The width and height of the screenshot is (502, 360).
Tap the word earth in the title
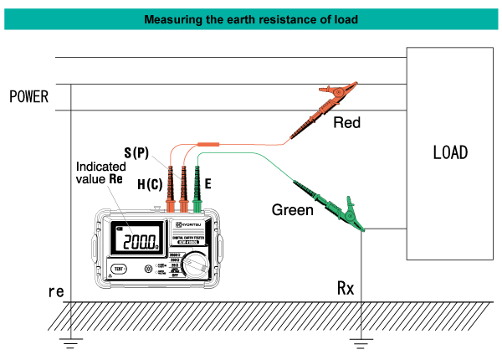[244, 19]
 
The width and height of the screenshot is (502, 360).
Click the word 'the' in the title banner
[216, 19]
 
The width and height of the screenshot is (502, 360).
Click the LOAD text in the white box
[449, 153]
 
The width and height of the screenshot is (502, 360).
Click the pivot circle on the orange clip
[339, 92]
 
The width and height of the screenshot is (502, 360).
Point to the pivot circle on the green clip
[349, 214]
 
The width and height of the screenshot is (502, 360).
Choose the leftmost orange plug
[171, 204]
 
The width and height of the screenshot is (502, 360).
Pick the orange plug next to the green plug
[183, 204]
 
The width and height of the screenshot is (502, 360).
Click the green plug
[197, 204]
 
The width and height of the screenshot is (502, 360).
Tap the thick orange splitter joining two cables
[208, 144]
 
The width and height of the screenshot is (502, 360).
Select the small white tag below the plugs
[196, 265]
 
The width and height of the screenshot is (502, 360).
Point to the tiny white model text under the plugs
[188, 242]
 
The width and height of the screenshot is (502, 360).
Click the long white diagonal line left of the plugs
[120, 209]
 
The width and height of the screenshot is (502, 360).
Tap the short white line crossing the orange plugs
[166, 167]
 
